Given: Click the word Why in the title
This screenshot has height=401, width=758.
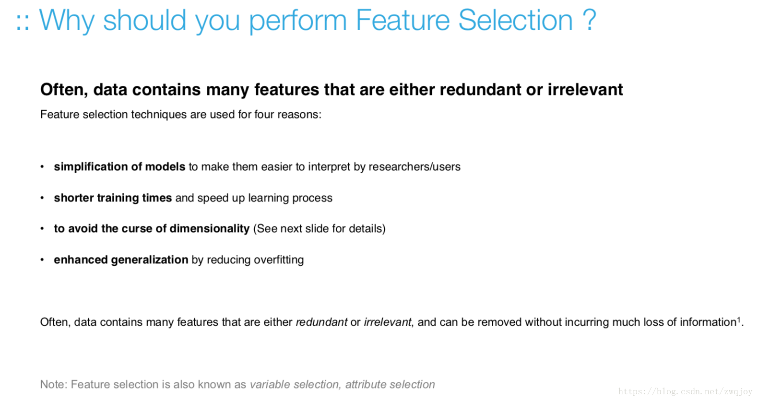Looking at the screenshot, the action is tap(67, 21).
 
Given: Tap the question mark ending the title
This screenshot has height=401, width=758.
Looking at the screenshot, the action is tap(589, 20).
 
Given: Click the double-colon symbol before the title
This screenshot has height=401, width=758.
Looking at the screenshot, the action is tap(23, 23).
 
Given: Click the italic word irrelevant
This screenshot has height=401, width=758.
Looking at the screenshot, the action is tap(388, 322).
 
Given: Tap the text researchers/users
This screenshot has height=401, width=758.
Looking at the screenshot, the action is tap(415, 167).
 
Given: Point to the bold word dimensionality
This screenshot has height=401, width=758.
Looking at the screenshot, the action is tap(210, 229).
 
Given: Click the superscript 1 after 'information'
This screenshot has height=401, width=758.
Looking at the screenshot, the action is tap(739, 319).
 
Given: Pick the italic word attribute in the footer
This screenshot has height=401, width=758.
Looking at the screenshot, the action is tap(366, 384).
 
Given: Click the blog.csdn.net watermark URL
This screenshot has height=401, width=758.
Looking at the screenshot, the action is tap(685, 392).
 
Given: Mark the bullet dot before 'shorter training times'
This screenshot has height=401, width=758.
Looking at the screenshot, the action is tap(42, 198).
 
